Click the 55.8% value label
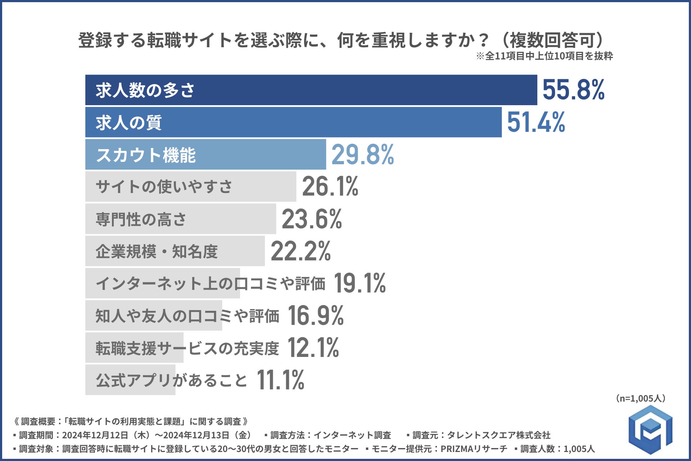pos(573,90)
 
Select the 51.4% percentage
pos(536,122)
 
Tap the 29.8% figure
pos(362,155)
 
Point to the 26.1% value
pos(330,187)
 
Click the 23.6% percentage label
pos(312,219)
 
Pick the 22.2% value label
pos(301,251)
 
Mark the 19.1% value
pos(360,283)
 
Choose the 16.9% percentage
pos(316,315)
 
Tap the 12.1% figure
pos(313,348)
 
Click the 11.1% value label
pos(280,380)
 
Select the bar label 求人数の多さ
pos(145,90)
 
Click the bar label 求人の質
pos(128,122)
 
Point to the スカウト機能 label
pos(146,155)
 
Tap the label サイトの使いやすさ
pos(164,187)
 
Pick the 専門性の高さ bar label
pos(141,219)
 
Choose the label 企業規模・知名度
pos(157,251)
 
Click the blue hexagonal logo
pos(650,429)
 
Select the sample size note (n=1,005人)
pos(641,398)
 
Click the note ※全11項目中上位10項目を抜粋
pos(544,56)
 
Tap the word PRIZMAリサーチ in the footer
pos(474,449)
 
